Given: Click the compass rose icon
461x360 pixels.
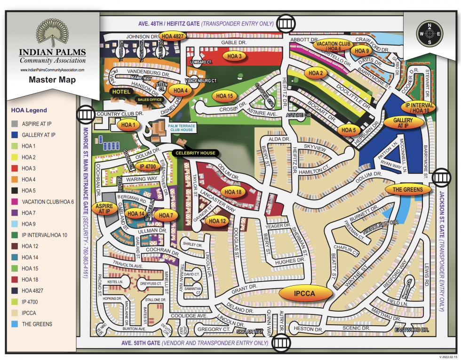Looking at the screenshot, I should tap(429, 34).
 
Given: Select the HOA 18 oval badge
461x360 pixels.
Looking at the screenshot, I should tap(233, 192).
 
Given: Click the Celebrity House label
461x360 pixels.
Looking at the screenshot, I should tap(195, 153).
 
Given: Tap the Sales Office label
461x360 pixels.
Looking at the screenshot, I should tap(149, 100).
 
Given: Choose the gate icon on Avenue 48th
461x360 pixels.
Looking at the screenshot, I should tap(285, 23).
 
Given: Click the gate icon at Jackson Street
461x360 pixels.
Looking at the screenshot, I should tap(442, 177).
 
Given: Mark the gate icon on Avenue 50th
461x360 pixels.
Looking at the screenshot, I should tap(281, 343).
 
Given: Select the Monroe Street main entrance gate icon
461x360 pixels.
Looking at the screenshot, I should tap(86, 114).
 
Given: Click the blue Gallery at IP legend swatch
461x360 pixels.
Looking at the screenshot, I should tap(15, 135).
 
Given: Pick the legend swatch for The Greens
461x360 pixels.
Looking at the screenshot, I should tap(15, 324).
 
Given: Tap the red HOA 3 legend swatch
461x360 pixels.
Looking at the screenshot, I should tap(15, 168).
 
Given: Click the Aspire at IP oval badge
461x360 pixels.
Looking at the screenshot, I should tap(104, 209).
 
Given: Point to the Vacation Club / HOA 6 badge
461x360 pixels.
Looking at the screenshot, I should tap(333, 46).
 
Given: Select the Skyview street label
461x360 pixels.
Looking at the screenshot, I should tap(315, 148).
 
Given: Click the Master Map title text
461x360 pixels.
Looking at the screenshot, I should tap(52, 79).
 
